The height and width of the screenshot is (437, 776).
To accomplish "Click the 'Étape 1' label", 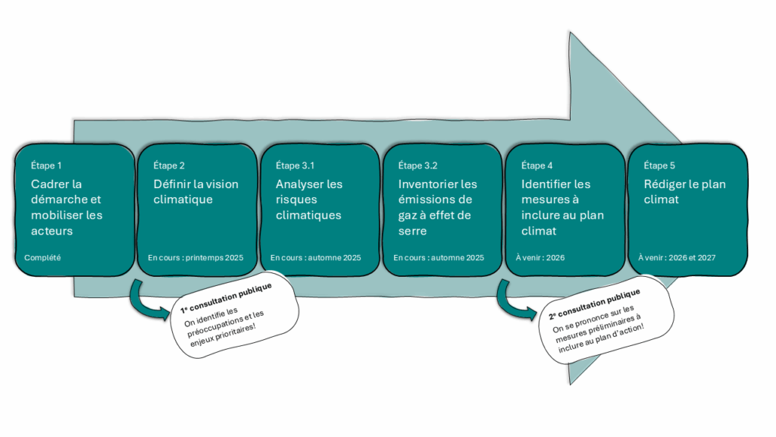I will click(46, 165).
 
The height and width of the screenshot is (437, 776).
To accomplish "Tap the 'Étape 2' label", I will click(169, 165).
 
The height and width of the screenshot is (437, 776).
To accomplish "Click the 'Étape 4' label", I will click(537, 165).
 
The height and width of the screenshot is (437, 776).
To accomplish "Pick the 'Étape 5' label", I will click(659, 165).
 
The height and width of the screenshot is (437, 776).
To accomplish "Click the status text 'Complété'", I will click(42, 258).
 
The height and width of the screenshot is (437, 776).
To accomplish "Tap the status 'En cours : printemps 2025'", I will click(196, 258).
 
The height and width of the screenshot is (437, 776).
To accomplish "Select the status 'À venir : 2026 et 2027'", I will click(677, 258).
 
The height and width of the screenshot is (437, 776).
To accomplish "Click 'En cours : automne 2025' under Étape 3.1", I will click(315, 258).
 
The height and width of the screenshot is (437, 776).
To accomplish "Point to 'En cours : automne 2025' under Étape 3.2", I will click(438, 258).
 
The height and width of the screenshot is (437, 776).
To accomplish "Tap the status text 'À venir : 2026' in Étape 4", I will click(540, 258).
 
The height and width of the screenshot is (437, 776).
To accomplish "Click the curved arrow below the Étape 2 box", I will click(147, 300).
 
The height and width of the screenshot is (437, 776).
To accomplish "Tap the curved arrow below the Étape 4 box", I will click(514, 300).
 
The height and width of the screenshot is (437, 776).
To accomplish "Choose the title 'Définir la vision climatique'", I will click(196, 192).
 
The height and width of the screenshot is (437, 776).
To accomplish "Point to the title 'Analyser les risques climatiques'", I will click(309, 200).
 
